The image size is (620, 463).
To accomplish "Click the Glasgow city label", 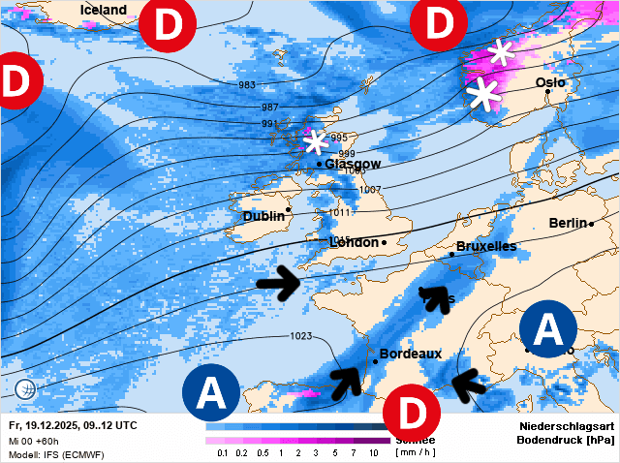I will tap(353, 165).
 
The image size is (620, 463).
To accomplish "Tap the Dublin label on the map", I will tap(263, 217).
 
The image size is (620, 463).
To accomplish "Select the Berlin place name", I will tap(569, 223).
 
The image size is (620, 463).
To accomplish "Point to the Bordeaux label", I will tap(410, 354).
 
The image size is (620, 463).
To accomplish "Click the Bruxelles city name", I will tap(485, 246).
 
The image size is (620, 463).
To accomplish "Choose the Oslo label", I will tap(550, 83).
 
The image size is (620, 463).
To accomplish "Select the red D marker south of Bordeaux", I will tap(413, 413).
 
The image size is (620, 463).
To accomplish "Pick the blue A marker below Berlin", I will tap(548, 330).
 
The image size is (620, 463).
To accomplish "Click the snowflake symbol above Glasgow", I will tap(315, 142).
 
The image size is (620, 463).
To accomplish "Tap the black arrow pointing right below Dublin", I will tap(280, 283).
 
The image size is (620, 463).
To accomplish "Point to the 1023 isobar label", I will tap(300, 336).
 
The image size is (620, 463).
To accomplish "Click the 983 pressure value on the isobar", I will tap(246, 85).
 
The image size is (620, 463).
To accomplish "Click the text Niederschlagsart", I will tap(567, 425).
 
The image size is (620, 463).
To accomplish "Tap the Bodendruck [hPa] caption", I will tap(567, 440).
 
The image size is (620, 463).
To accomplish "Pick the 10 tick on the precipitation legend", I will tap(373, 453).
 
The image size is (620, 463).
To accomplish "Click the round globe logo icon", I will tap(26, 389).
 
